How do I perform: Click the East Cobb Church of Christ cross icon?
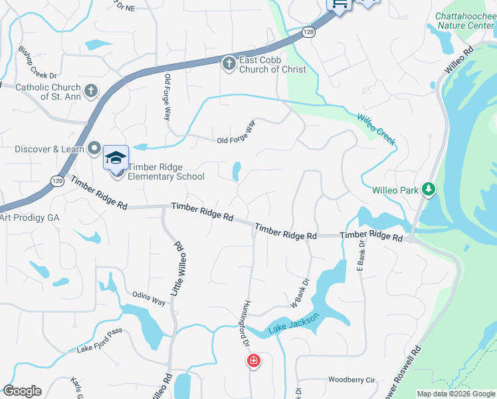(228, 63)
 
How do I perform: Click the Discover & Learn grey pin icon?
(94, 148)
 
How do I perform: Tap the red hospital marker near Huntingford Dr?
(253, 362)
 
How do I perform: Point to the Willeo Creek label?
(376, 129)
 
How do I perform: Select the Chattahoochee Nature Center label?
(464, 21)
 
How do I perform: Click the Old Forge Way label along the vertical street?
(167, 97)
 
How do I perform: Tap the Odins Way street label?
(149, 301)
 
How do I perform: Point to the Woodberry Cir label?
(351, 380)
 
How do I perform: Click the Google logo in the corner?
(22, 391)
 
